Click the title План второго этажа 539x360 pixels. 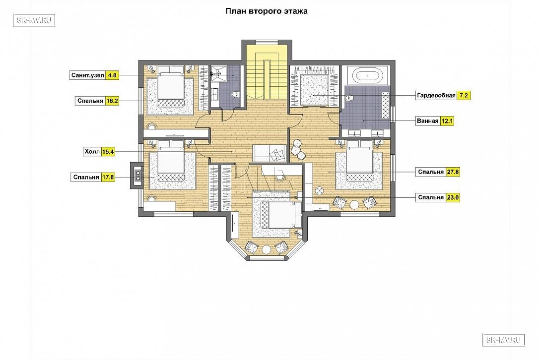tap(267, 11)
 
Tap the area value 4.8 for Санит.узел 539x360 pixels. tap(112, 75)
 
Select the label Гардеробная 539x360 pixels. tap(436, 96)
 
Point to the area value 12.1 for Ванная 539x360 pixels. tap(447, 121)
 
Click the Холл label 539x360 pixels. tap(92, 152)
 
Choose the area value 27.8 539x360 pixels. tap(453, 172)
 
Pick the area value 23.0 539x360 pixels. tap(453, 197)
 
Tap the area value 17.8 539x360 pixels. tap(108, 177)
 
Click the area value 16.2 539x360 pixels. tap(112, 101)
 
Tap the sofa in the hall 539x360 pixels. tap(269, 153)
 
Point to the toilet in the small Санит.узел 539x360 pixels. tap(236, 95)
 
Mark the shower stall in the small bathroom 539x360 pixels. tap(218, 73)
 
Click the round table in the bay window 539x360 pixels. tap(267, 249)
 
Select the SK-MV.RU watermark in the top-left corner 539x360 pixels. tap(34, 20)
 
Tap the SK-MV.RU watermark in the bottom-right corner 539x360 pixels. tap(504, 340)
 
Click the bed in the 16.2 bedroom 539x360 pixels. tap(170, 89)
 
